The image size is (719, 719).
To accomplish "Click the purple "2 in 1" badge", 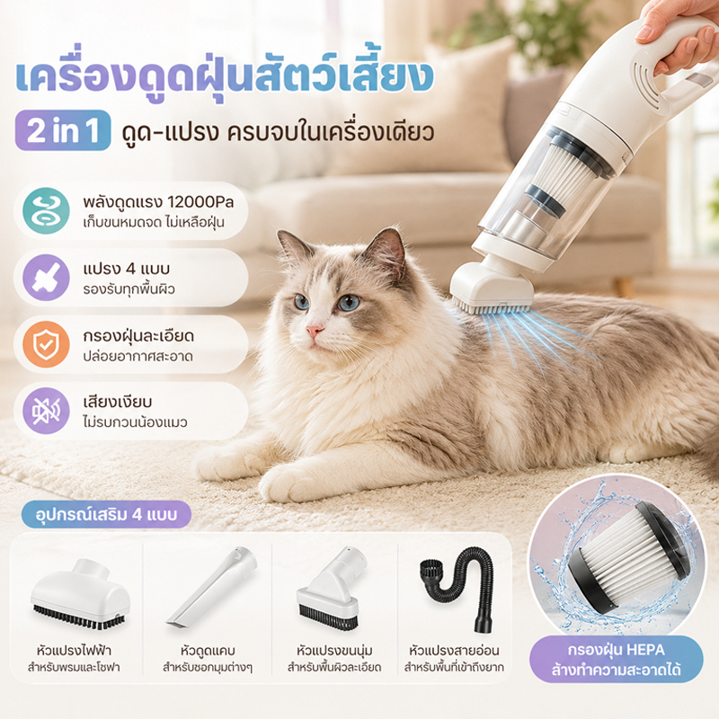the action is coord(63,130).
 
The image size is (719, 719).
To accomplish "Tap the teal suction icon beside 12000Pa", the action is coord(47,211).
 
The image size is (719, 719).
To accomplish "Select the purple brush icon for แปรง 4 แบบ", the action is coord(47,278).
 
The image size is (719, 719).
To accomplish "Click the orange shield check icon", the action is coord(47,344).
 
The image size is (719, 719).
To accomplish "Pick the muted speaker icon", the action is coord(47,411).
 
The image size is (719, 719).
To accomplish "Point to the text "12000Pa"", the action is coord(200,201).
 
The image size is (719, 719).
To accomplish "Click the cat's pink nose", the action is coord(315,331).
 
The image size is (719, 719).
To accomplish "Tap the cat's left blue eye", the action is coord(302,301).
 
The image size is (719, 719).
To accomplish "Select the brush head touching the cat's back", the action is coord(492,288).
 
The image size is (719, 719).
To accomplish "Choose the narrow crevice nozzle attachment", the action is coord(212,588).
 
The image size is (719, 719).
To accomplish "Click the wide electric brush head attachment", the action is coord(80,594).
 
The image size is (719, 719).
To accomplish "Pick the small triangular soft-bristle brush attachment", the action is coord(331,590).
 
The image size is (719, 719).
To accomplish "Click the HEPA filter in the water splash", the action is coord(627,558).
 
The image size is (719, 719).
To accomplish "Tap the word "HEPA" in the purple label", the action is coord(644,650).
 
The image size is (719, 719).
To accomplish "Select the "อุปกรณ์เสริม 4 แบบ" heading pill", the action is coord(106,514).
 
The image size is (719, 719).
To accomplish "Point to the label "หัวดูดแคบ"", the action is coord(208,651).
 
